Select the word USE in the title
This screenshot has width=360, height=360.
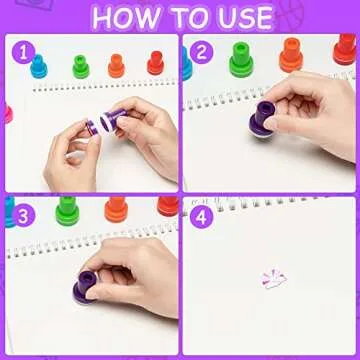click(x=244, y=17)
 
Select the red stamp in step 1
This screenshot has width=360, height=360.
click(x=155, y=63)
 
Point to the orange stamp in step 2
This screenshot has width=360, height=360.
click(x=291, y=56)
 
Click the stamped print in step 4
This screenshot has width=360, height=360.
click(x=271, y=277)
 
